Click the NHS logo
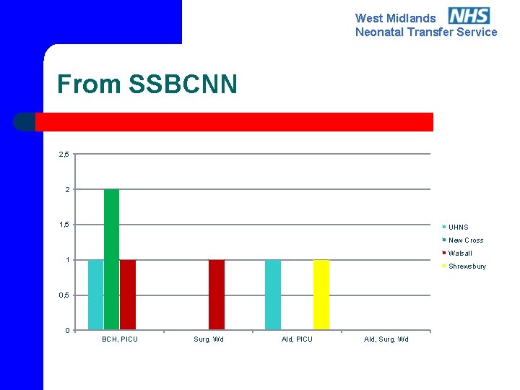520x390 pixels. click(x=469, y=15)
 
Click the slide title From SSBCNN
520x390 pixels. click(x=147, y=84)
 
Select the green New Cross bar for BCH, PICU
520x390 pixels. click(x=111, y=259)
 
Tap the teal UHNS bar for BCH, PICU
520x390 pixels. click(x=95, y=295)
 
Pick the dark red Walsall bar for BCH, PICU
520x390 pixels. click(x=128, y=295)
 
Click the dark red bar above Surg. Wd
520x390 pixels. click(x=217, y=295)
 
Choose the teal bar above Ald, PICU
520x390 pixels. click(x=273, y=295)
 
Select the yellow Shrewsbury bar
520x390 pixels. click(x=321, y=295)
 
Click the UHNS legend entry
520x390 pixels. click(x=458, y=227)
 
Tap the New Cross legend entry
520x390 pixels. click(x=465, y=240)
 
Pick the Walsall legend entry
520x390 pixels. click(x=460, y=253)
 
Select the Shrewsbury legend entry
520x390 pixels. click(x=467, y=266)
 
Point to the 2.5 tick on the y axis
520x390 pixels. click(x=64, y=154)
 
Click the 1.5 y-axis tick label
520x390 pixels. click(x=64, y=225)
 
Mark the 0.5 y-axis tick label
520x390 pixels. click(x=64, y=295)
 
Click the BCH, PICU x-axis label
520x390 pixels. click(x=120, y=339)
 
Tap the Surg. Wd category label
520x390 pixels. click(x=209, y=339)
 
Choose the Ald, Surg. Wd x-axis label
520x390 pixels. click(x=386, y=339)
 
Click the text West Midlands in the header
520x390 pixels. click(x=395, y=19)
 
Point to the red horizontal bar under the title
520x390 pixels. click(x=234, y=122)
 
